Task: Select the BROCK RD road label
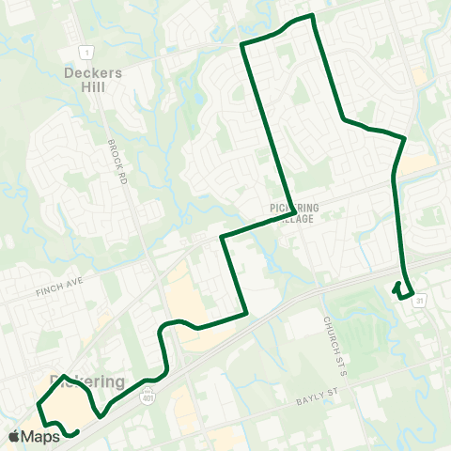click(x=116, y=162)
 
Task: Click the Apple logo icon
click(x=14, y=436)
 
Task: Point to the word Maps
click(x=41, y=436)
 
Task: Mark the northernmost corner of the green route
click(x=311, y=15)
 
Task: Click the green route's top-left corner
click(x=242, y=44)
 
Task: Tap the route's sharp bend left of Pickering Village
click(x=222, y=237)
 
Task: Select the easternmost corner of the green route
click(x=404, y=138)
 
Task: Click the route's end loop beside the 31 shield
click(x=402, y=291)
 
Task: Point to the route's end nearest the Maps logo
click(x=75, y=433)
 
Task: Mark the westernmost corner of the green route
click(x=39, y=405)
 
